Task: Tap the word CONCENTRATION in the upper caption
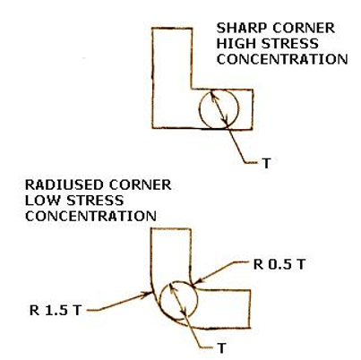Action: tap(282, 59)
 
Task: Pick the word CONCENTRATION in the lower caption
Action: tap(90, 216)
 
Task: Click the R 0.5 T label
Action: tap(279, 264)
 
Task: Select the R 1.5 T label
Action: tap(56, 311)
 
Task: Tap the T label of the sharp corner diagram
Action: tap(266, 163)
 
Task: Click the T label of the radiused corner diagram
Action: tap(222, 348)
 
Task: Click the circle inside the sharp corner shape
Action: tap(199, 109)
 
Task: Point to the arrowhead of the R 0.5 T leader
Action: tap(196, 281)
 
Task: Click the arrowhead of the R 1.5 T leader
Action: tap(150, 294)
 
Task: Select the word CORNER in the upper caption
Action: tap(304, 28)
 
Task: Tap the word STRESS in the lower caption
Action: tap(95, 201)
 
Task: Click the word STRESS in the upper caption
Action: tap(289, 44)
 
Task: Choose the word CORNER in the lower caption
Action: tap(140, 184)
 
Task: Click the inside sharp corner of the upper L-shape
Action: tap(192, 89)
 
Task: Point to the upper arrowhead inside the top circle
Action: tap(211, 94)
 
